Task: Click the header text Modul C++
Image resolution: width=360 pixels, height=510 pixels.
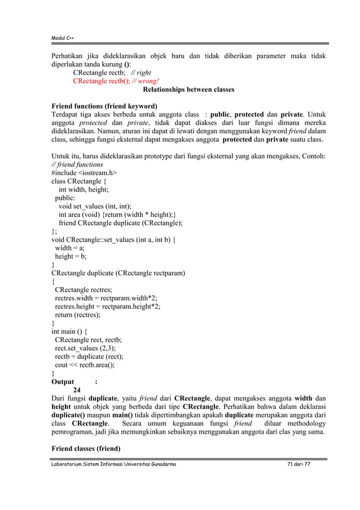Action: pyautogui.click(x=63, y=38)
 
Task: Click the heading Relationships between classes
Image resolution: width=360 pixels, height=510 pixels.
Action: pyautogui.click(x=188, y=89)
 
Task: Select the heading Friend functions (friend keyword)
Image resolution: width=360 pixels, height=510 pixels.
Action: pyautogui.click(x=104, y=106)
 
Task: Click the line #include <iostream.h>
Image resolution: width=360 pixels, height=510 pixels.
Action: pyautogui.click(x=85, y=173)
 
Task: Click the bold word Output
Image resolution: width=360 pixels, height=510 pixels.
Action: pyautogui.click(x=63, y=381)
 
